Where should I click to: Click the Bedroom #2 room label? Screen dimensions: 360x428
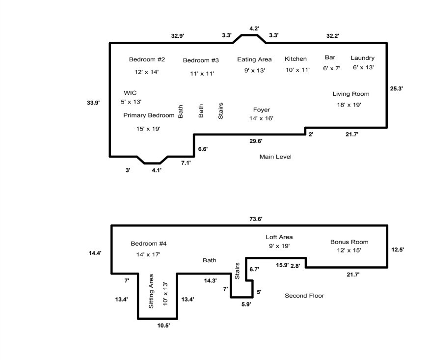click(147, 59)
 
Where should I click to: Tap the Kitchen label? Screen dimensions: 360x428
click(295, 59)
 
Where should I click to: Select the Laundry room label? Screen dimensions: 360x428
click(362, 58)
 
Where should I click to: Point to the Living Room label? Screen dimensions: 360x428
click(351, 94)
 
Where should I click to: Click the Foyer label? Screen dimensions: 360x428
click(262, 110)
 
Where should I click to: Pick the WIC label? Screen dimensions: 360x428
click(130, 92)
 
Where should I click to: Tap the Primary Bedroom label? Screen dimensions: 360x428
click(149, 115)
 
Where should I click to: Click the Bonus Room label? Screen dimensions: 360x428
click(349, 242)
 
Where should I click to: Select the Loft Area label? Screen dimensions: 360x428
click(279, 237)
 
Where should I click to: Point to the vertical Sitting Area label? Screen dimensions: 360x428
click(151, 291)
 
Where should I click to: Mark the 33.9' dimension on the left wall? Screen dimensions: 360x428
click(93, 103)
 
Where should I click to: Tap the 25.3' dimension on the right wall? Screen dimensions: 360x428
click(397, 89)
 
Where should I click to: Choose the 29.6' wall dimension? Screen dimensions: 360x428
click(256, 141)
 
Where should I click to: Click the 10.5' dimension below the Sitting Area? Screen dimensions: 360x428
click(163, 325)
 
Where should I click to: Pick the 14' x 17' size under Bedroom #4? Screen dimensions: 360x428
click(148, 254)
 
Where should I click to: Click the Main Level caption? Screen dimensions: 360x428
click(275, 157)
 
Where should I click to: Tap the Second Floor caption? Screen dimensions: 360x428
click(304, 296)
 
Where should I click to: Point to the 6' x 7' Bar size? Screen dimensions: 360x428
click(331, 68)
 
